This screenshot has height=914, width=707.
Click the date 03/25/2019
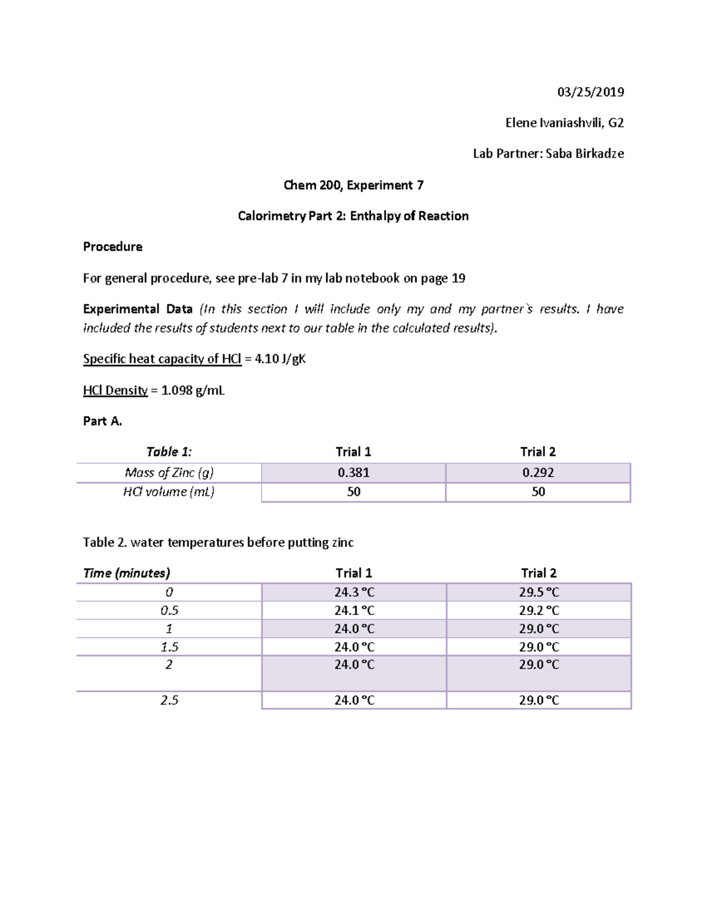[x=590, y=92]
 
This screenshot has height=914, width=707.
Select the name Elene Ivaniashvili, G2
[x=564, y=123]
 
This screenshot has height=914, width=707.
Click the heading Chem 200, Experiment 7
[x=353, y=185]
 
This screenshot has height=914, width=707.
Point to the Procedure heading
[x=113, y=247]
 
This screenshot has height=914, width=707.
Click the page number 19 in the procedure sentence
[x=458, y=278]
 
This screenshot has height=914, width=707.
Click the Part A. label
[x=103, y=421]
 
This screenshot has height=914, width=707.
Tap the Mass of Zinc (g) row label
[x=169, y=473]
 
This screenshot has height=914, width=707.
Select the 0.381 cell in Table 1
[x=353, y=473]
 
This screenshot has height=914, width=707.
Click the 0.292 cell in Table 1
[x=538, y=473]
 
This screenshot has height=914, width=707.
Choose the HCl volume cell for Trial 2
[x=538, y=492]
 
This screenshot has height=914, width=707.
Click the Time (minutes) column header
[x=127, y=573]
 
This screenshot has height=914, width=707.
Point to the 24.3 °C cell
[x=354, y=592]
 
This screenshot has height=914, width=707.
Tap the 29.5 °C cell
[x=538, y=592]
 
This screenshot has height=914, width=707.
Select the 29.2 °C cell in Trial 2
[x=538, y=610]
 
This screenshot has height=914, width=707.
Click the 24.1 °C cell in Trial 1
[x=354, y=610]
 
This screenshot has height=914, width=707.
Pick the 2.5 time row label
[x=169, y=700]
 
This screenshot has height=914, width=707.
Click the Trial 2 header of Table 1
[x=538, y=452]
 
